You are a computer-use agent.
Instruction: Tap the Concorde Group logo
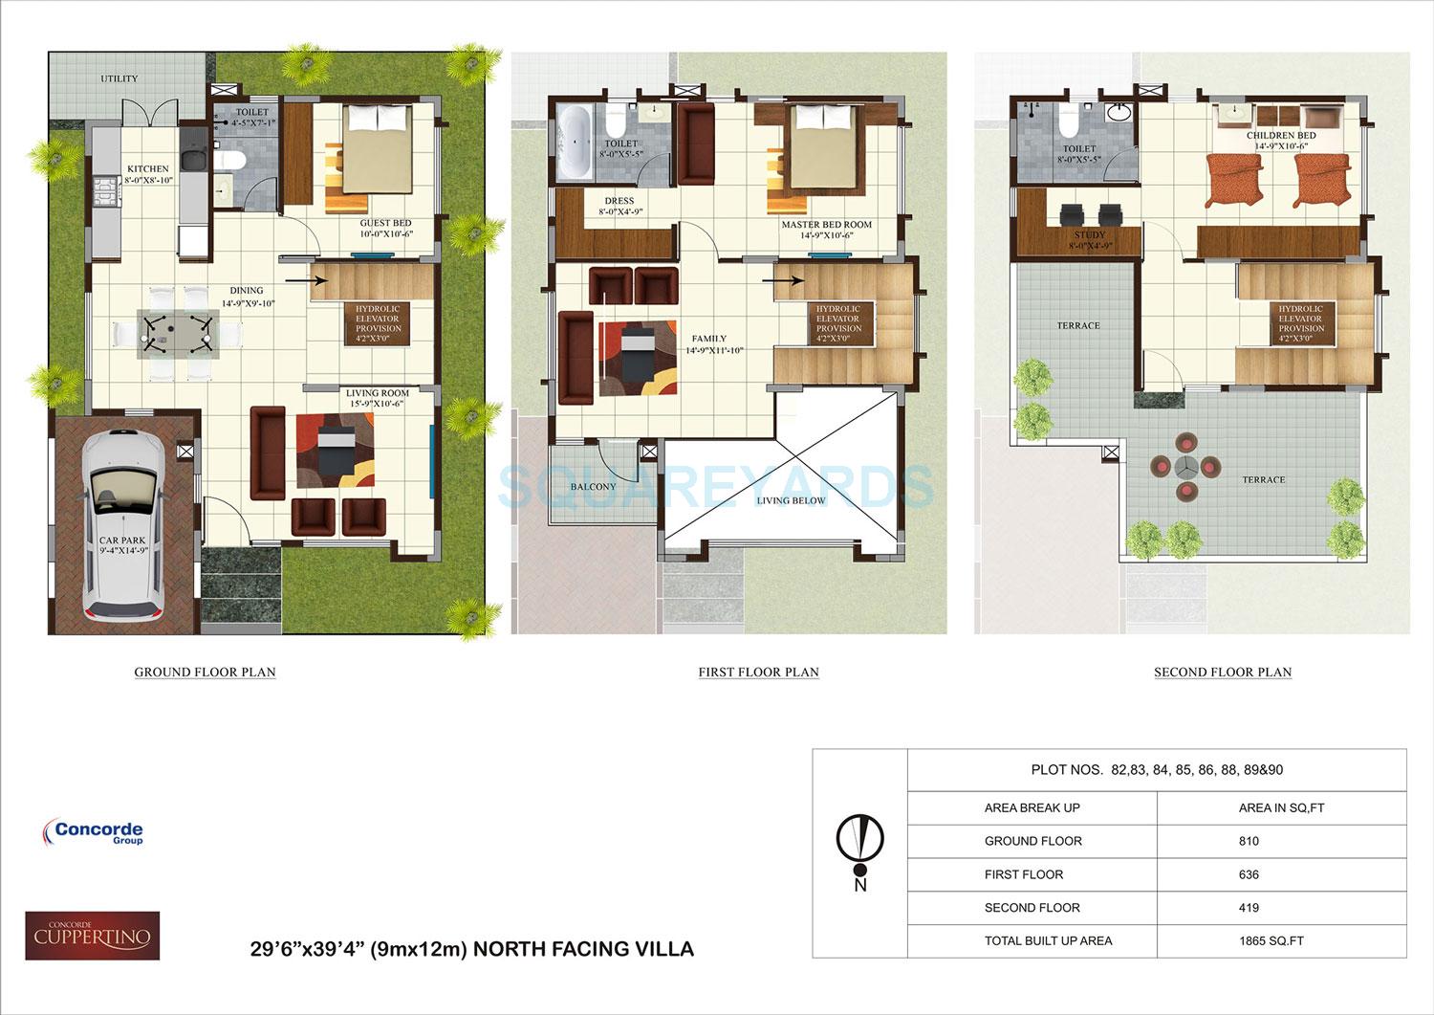94,832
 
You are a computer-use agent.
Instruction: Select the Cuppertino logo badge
92,936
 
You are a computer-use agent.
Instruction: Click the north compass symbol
860,843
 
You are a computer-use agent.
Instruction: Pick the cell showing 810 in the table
1249,841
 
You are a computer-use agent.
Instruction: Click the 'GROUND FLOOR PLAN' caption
205,673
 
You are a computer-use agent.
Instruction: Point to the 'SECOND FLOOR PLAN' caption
1223,673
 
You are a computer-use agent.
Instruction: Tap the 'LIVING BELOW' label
791,500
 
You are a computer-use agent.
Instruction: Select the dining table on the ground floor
175,331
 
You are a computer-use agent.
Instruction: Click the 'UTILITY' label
119,78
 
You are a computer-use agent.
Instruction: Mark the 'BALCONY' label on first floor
593,487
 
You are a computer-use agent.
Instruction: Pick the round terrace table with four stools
1185,467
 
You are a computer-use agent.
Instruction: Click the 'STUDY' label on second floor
1089,235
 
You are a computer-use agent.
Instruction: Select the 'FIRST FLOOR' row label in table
1023,874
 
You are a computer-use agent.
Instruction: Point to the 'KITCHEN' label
147,169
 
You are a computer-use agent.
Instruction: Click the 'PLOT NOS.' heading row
1156,769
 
